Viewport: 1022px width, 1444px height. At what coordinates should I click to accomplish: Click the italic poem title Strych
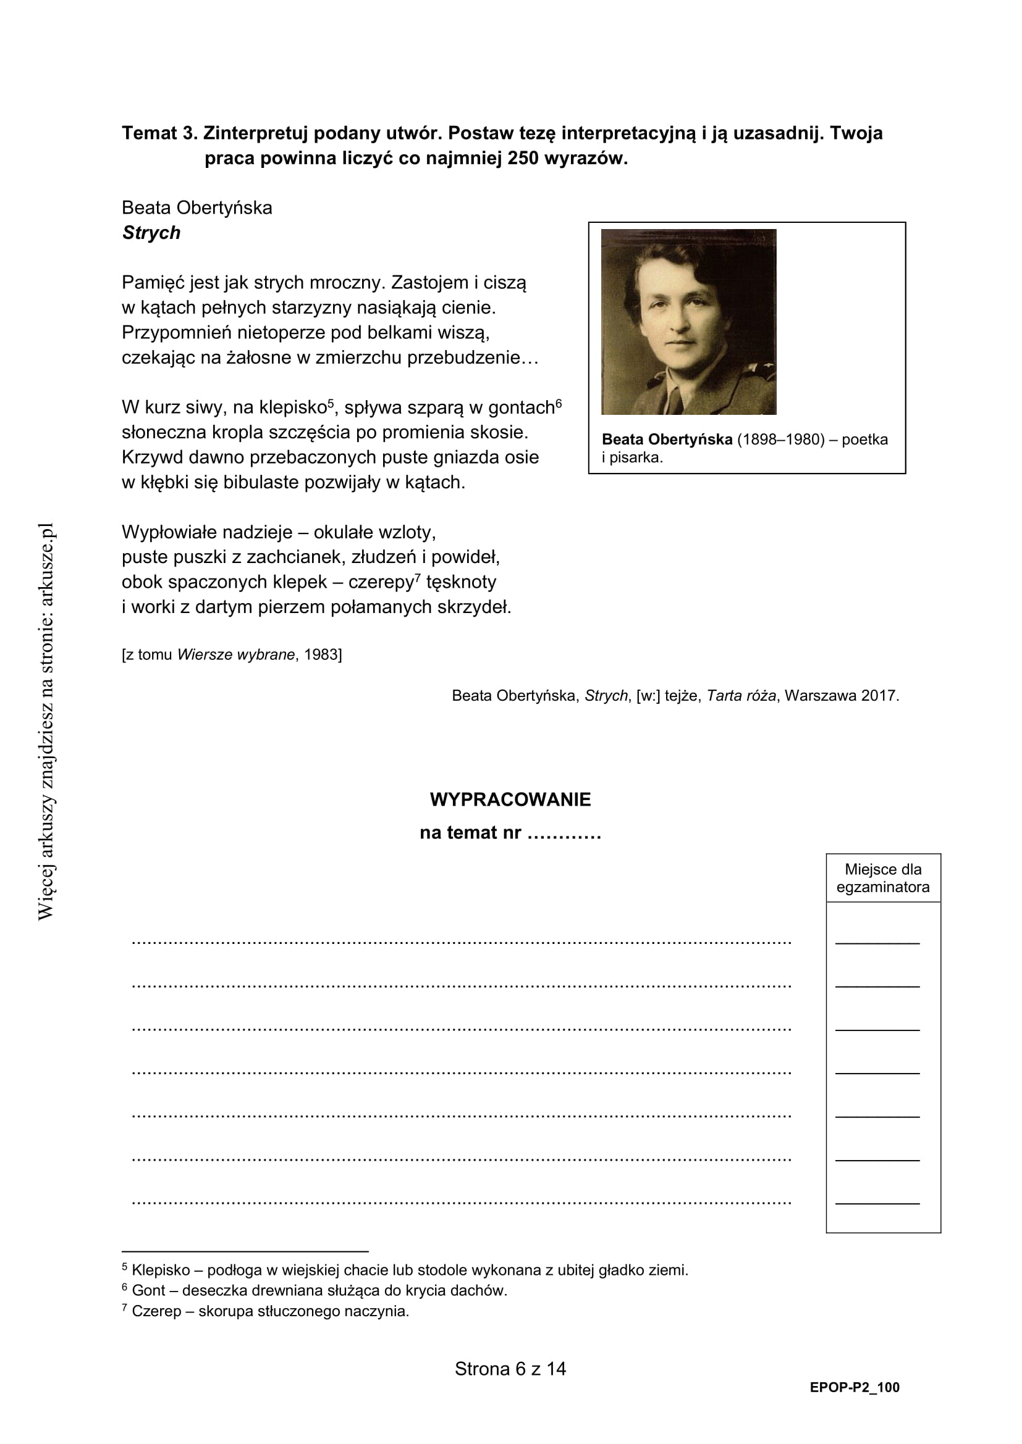pyautogui.click(x=151, y=233)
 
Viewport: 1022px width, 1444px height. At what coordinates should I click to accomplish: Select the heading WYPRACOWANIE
pyautogui.click(x=510, y=799)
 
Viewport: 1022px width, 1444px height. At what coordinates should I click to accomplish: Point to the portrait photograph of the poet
pyautogui.click(x=688, y=322)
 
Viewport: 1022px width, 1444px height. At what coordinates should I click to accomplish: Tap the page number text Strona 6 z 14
pyautogui.click(x=510, y=1369)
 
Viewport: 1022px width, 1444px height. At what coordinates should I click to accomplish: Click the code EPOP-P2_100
pyautogui.click(x=855, y=1387)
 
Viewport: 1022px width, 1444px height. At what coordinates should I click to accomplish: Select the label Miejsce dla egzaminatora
pyautogui.click(x=883, y=878)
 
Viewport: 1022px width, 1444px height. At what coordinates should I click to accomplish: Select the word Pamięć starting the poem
pyautogui.click(x=153, y=283)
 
